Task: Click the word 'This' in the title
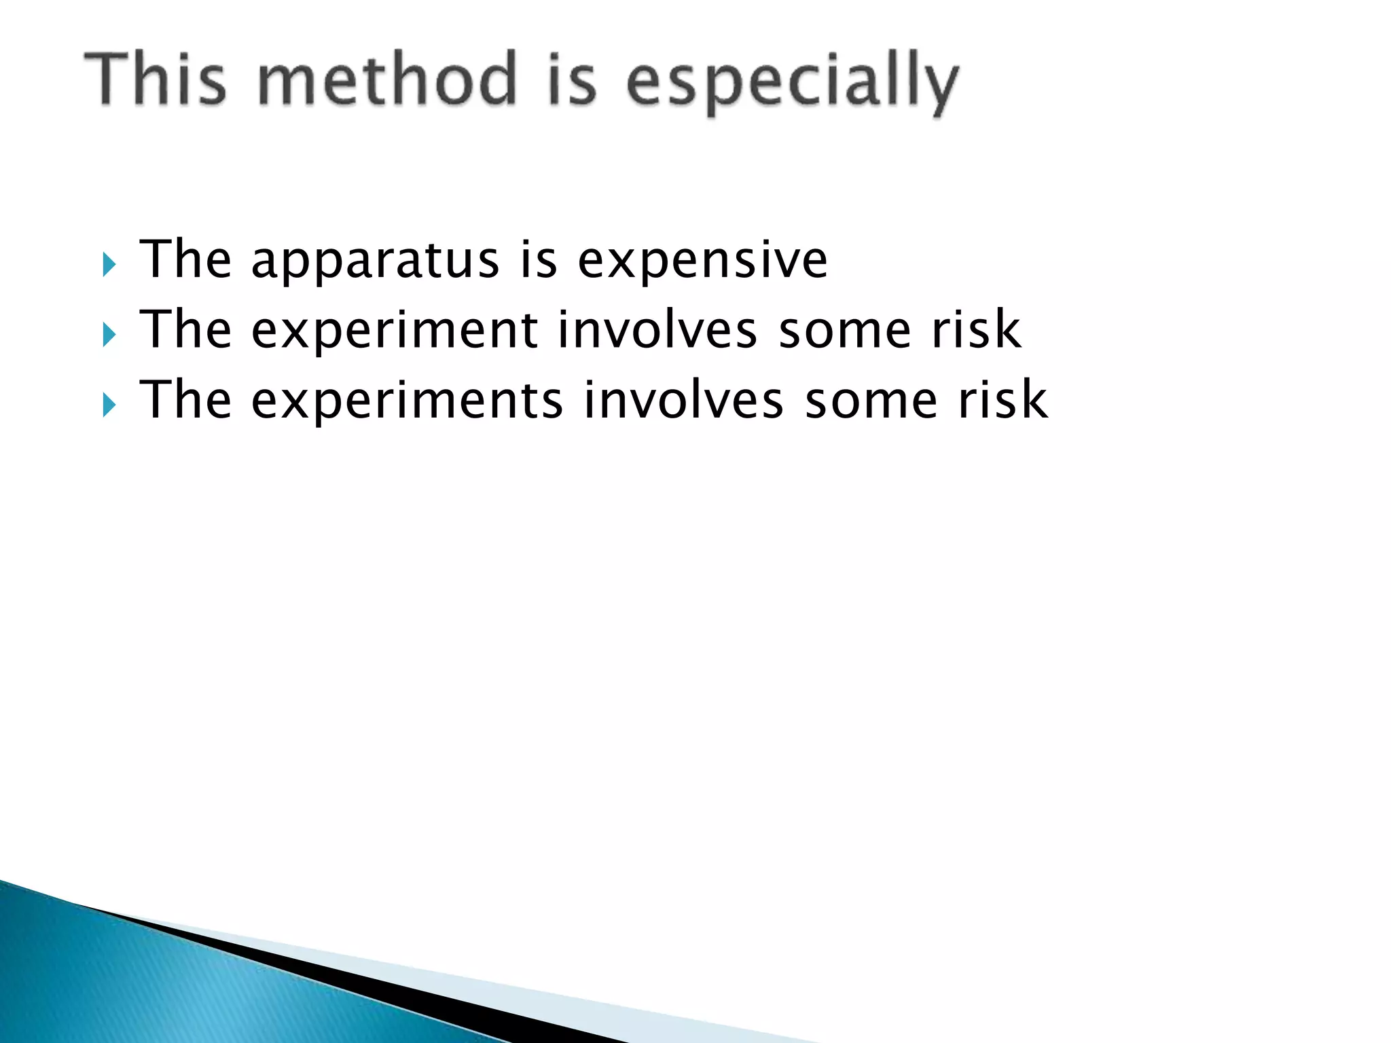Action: coord(155,80)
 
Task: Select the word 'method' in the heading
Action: coord(387,80)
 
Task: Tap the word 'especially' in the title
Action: coord(792,83)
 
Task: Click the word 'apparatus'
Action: coord(375,262)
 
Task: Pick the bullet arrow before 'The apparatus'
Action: coord(109,264)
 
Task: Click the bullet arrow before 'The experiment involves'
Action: coord(109,334)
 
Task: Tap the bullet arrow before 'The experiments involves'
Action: coord(109,405)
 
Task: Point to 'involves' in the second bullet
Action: coord(657,330)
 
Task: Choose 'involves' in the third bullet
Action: coord(683,401)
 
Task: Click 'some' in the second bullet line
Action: coord(844,331)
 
